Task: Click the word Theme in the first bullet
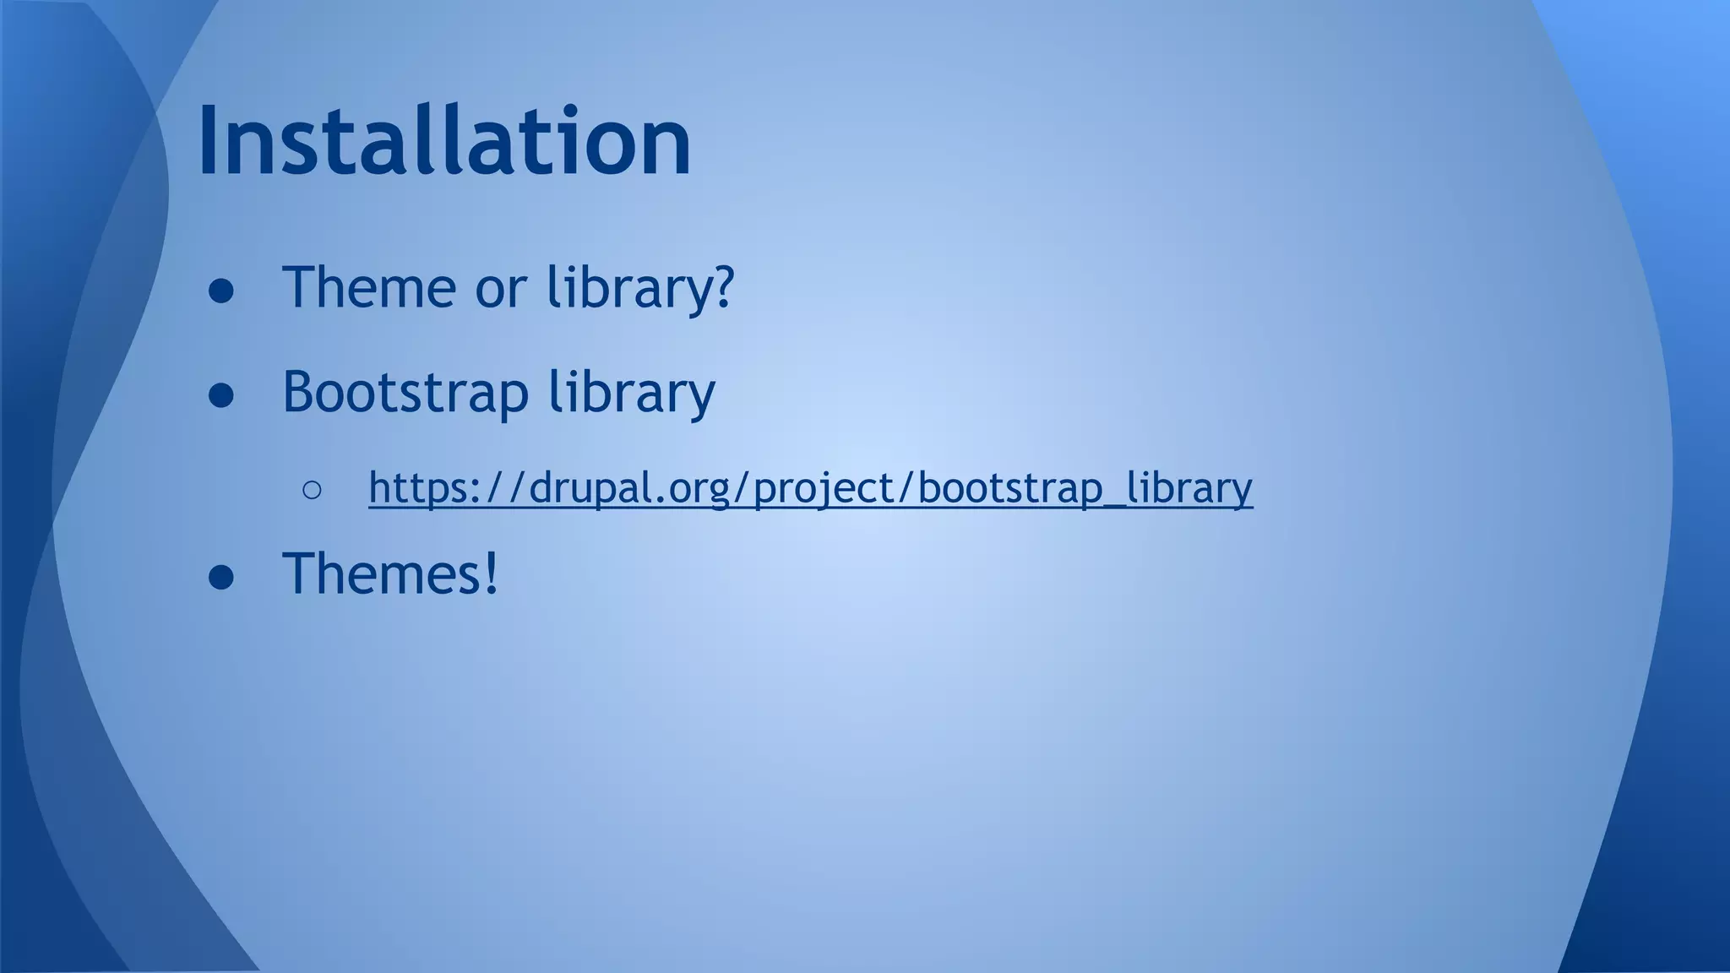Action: click(x=368, y=287)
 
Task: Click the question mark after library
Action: click(x=721, y=287)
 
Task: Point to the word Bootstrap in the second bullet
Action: click(x=405, y=393)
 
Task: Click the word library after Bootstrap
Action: click(x=631, y=393)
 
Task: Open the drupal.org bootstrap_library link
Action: click(x=810, y=488)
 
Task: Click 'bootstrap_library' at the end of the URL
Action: click(x=1085, y=488)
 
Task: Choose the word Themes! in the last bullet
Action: click(x=390, y=573)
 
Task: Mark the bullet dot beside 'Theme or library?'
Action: click(x=221, y=291)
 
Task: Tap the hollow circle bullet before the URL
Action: click(x=311, y=491)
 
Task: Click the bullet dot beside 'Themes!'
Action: click(x=221, y=578)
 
